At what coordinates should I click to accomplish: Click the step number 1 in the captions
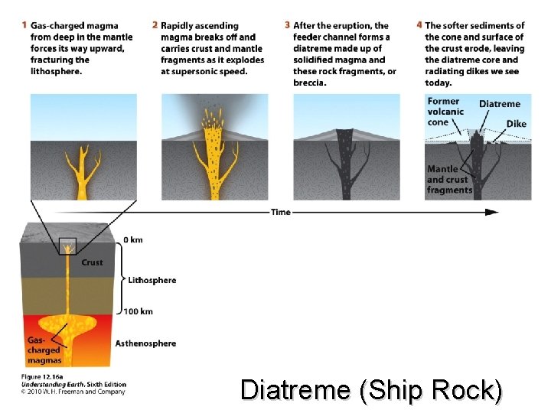click(x=25, y=26)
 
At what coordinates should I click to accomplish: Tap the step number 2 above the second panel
click(x=155, y=26)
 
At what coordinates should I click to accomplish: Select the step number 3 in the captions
click(x=287, y=26)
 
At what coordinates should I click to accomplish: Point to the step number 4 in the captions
click(x=419, y=26)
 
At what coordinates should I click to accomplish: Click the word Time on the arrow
click(x=281, y=212)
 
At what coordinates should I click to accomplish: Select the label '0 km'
click(x=133, y=240)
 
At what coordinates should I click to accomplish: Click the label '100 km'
click(x=137, y=311)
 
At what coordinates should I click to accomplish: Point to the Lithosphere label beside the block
click(x=152, y=280)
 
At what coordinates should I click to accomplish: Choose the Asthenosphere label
click(x=145, y=343)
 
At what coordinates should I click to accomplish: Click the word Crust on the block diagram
click(x=93, y=263)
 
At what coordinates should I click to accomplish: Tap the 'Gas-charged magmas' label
click(x=44, y=350)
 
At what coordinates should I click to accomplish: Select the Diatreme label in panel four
click(x=499, y=104)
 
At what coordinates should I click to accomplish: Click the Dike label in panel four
click(x=516, y=124)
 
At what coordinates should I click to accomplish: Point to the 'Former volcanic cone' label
click(x=445, y=112)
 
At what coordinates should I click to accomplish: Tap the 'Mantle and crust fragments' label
click(x=449, y=180)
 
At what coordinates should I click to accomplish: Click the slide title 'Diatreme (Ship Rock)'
click(x=371, y=391)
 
